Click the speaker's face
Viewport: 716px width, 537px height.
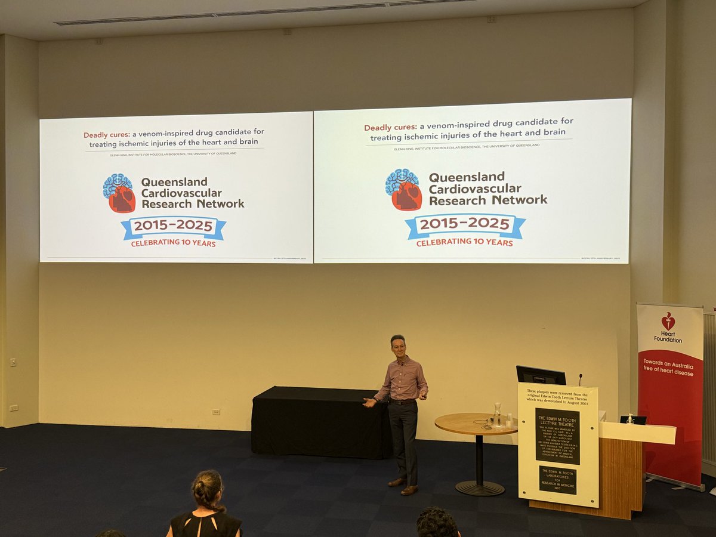(397, 346)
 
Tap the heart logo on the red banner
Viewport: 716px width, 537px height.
(668, 321)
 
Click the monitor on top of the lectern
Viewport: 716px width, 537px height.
(541, 375)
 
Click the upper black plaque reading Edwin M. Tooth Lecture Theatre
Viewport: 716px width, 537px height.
(557, 436)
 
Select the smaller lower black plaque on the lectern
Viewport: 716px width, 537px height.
(557, 479)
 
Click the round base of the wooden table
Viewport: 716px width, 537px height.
(480, 488)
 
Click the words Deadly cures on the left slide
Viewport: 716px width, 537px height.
(106, 134)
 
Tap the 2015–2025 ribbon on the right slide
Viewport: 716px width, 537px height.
(465, 225)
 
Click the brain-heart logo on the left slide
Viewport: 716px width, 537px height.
(119, 193)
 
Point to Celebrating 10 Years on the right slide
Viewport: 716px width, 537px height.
(464, 243)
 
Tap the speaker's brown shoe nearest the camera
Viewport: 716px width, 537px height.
(409, 490)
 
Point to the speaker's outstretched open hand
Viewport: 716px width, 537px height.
(371, 403)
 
